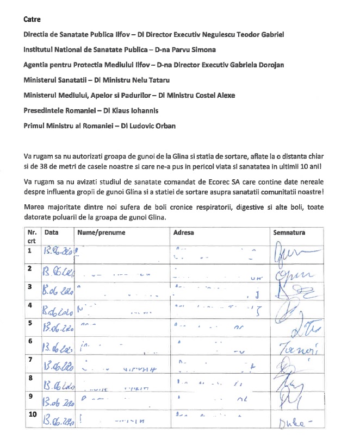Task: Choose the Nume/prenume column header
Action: (x=101, y=232)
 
